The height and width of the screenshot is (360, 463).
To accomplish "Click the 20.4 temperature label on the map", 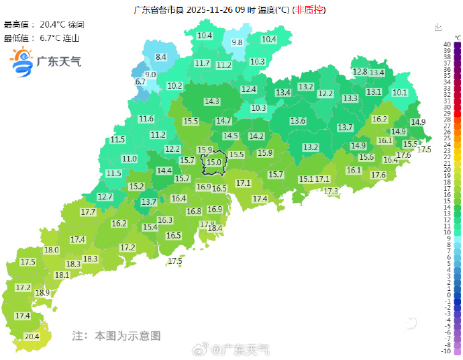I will pos(32,336).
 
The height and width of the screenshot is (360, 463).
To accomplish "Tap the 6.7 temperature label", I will pos(140,82).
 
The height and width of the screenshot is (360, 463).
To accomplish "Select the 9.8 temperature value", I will pos(237,42).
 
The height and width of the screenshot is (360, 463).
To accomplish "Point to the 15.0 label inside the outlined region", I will pos(214,163).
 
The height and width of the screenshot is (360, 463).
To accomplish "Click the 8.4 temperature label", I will pos(161,58).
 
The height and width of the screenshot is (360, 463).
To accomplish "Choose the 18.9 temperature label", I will pos(42,293).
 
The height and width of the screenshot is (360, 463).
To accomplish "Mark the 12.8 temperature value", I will pos(360,72).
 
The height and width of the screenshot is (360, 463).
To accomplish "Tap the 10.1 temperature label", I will pos(400,92).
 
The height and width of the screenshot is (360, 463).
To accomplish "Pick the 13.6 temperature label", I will pos(298,121).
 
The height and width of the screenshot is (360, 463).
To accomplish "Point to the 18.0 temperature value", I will pos(52,251).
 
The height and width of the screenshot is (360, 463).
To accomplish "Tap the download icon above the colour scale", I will pos(438,27).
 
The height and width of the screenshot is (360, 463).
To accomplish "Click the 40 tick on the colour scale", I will pos(447,44).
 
